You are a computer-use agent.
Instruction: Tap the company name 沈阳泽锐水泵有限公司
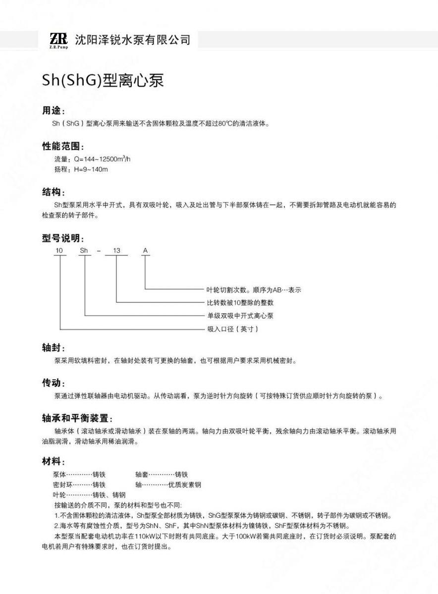point(132,39)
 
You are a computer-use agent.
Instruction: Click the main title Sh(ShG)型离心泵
point(103,81)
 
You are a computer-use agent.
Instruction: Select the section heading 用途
point(53,111)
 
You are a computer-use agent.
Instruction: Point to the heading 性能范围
point(62,147)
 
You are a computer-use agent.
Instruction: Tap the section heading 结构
point(53,192)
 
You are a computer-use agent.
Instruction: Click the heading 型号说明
point(62,238)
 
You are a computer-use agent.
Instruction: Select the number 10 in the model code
point(59,251)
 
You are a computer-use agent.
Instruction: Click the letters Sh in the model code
point(84,251)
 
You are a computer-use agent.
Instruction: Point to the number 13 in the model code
point(116,251)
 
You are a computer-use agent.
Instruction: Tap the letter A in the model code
point(145,251)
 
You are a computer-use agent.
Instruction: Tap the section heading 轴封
point(53,348)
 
